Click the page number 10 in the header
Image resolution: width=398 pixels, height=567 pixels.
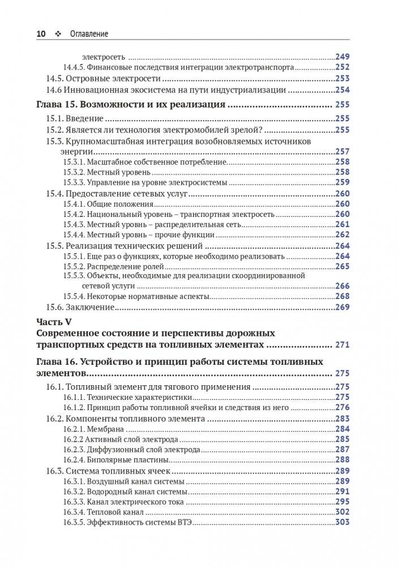[x=41, y=34]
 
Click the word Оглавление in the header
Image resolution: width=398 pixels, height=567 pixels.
[x=89, y=34]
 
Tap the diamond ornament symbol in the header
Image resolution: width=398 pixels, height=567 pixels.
[x=58, y=34]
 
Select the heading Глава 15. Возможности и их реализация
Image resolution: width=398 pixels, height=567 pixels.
[x=131, y=105]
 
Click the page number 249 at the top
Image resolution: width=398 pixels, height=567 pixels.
[x=343, y=56]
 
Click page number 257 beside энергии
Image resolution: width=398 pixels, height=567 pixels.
[x=343, y=152]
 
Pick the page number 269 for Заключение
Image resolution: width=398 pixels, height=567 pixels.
[x=343, y=307]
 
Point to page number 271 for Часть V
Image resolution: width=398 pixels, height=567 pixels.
[x=343, y=344]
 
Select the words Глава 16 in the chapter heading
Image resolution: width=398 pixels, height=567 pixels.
[x=55, y=361]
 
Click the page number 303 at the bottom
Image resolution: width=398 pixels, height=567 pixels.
[x=343, y=522]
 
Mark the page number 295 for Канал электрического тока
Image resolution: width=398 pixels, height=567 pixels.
[x=343, y=502]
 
